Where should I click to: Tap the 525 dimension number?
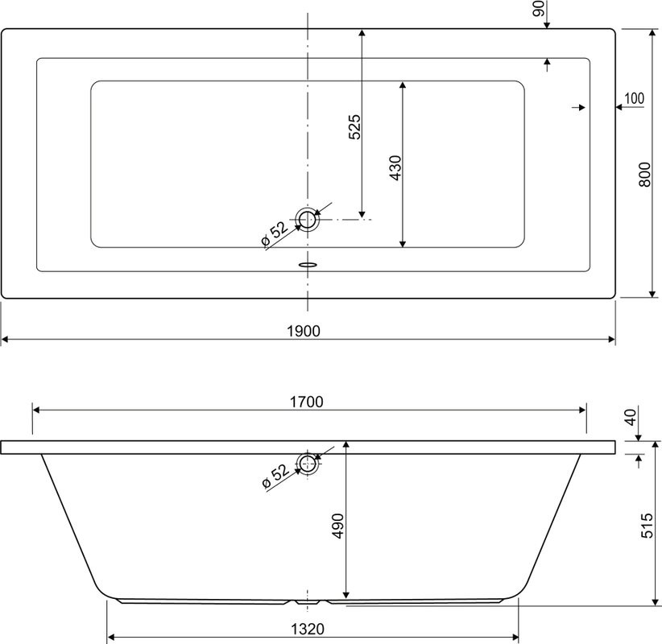354,128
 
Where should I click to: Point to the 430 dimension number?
395,167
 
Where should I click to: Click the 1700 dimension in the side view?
307,402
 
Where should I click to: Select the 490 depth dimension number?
338,525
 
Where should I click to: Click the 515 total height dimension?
645,525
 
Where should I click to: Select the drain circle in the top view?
307,218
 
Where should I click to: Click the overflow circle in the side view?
307,462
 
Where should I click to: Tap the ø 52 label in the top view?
275,233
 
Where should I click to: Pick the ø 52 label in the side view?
275,477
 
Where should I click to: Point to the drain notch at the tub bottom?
307,601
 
